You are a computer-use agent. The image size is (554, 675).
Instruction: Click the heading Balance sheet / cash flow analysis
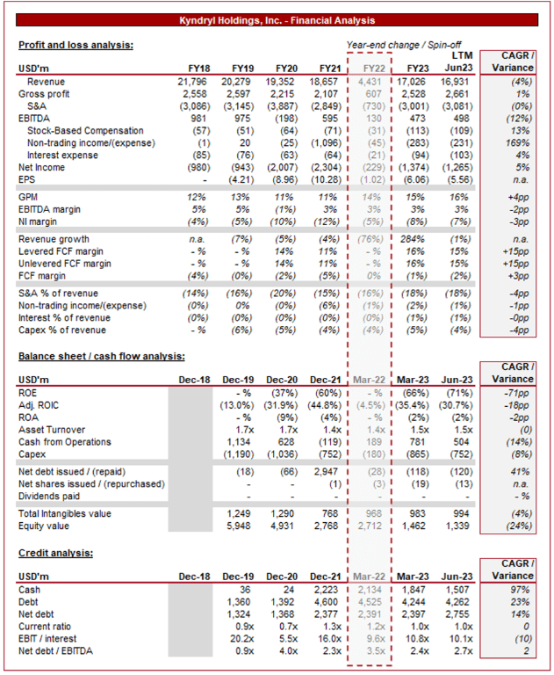[102, 356]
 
